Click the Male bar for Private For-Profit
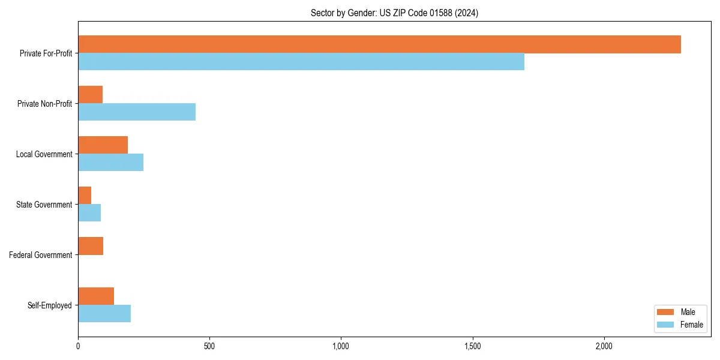[379, 44]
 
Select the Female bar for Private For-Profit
[301, 62]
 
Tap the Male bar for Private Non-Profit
[90, 95]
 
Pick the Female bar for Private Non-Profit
[137, 112]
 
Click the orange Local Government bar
[103, 145]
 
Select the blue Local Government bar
[110, 163]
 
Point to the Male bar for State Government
[85, 196]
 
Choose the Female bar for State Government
[89, 213]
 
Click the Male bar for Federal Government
[91, 246]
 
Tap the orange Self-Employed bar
[96, 296]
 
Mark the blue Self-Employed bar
[104, 314]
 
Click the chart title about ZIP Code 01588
[394, 13]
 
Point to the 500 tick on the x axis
[209, 346]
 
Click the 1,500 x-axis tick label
[473, 346]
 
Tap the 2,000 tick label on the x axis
[604, 346]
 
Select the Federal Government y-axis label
[41, 255]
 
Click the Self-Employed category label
[50, 305]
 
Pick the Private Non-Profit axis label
[44, 104]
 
